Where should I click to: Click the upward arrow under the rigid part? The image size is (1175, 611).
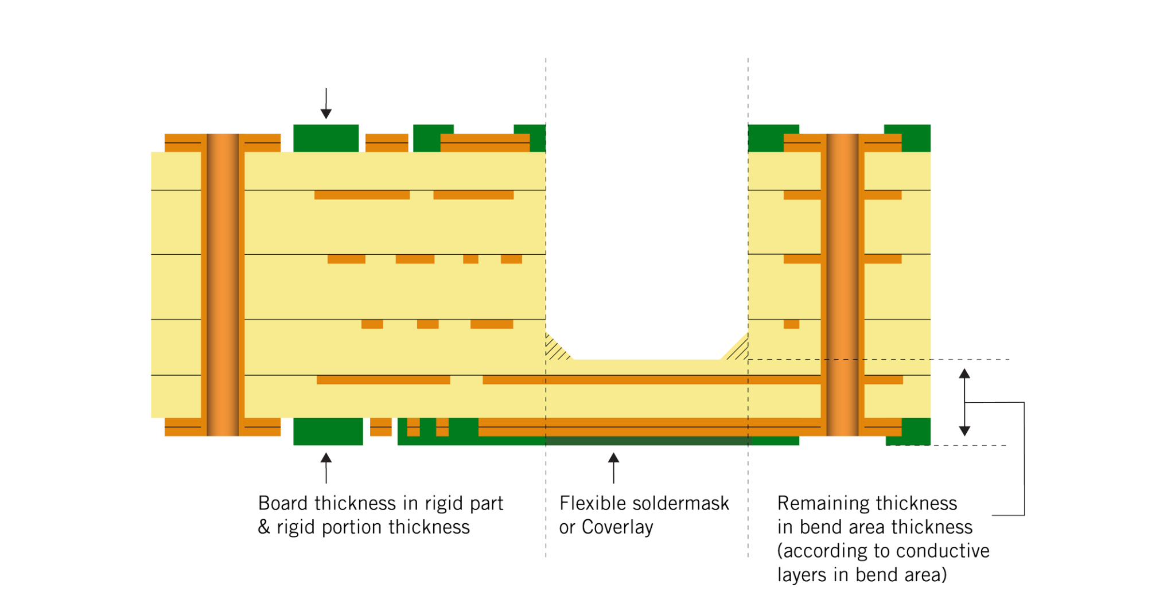326,467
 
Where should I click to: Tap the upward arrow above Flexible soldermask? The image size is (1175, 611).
614,467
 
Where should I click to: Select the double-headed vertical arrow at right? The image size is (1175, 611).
964,402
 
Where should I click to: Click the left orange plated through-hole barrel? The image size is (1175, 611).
223,284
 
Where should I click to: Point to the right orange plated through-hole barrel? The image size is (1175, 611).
842,284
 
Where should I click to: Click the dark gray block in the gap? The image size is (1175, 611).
647,227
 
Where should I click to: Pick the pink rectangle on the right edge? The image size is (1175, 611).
1052,171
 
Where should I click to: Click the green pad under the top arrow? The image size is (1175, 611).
326,138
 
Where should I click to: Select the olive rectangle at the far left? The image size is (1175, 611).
75,405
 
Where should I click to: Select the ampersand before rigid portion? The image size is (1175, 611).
264,527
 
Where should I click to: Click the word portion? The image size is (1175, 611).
352,527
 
